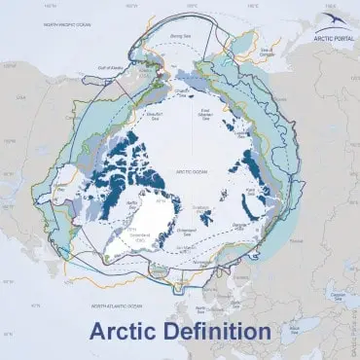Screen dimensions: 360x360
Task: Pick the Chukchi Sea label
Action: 180,91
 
